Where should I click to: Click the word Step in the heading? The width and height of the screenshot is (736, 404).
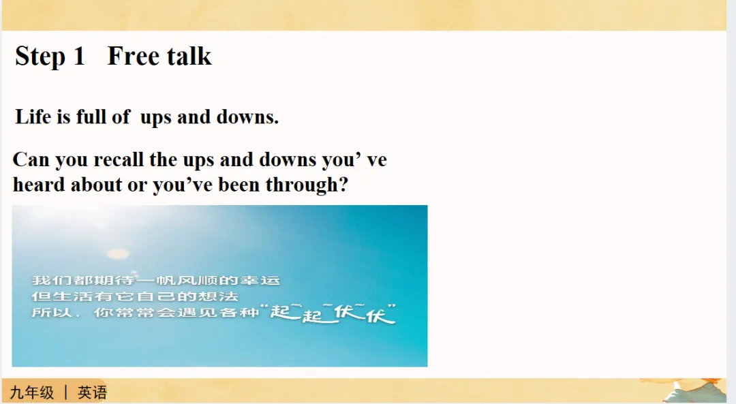pyautogui.click(x=40, y=57)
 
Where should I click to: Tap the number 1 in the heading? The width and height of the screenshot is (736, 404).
pyautogui.click(x=79, y=56)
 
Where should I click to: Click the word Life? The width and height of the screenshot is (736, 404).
pyautogui.click(x=33, y=116)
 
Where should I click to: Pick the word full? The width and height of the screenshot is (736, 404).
pyautogui.click(x=91, y=116)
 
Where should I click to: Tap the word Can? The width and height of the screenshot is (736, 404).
pyautogui.click(x=31, y=159)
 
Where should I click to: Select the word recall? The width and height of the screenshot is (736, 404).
pyautogui.click(x=119, y=159)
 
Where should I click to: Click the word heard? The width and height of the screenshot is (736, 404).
pyautogui.click(x=38, y=185)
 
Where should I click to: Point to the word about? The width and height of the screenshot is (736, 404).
pyautogui.click(x=97, y=185)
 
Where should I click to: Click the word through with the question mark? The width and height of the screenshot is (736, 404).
pyautogui.click(x=307, y=185)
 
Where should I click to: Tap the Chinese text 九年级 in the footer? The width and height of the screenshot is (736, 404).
pyautogui.click(x=32, y=392)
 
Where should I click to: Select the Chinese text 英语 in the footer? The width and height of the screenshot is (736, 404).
pyautogui.click(x=93, y=392)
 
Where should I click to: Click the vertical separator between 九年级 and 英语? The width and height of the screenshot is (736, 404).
pyautogui.click(x=65, y=392)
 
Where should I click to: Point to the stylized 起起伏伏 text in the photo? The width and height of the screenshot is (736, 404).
pyautogui.click(x=333, y=313)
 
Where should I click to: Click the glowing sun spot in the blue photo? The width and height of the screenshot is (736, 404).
pyautogui.click(x=118, y=254)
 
